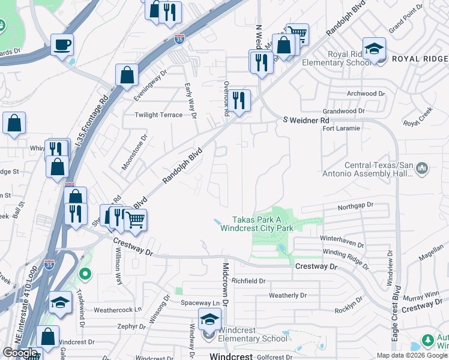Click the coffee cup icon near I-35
pos(62,44)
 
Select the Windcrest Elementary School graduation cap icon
pos(209,319)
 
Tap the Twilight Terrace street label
pos(158,115)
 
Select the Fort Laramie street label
pos(341,128)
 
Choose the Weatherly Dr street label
pos(288,295)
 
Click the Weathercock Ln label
pos(117,310)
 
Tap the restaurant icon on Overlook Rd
pos(240,101)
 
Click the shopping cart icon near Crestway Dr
pos(136,220)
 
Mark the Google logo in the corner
pos(20,353)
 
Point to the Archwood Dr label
pos(365,94)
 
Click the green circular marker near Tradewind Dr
pos(85,275)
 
